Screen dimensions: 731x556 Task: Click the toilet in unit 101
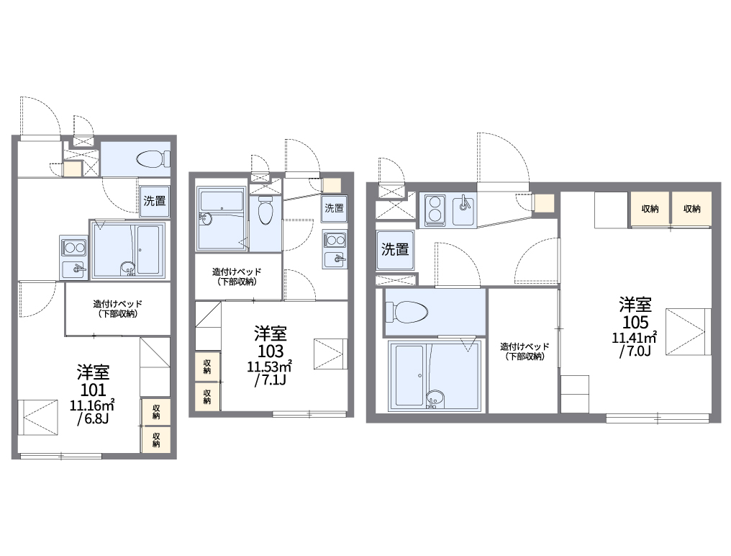click(x=154, y=158)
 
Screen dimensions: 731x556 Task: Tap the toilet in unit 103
click(x=265, y=210)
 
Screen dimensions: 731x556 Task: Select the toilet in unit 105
click(x=407, y=311)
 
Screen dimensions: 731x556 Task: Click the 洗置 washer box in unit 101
click(x=154, y=201)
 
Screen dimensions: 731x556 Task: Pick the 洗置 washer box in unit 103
click(x=335, y=208)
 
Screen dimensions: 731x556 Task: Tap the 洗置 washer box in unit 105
click(x=395, y=250)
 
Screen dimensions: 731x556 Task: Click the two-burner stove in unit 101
click(x=73, y=247)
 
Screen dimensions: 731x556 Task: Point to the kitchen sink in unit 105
click(x=464, y=210)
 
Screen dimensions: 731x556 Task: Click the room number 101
click(x=94, y=390)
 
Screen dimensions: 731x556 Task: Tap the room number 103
click(x=271, y=351)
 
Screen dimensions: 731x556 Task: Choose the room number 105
click(x=635, y=322)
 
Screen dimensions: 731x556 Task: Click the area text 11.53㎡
click(x=270, y=366)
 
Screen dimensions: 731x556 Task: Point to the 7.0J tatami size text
click(x=635, y=351)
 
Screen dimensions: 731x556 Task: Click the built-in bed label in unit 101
click(x=117, y=308)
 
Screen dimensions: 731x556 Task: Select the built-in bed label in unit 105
click(x=525, y=351)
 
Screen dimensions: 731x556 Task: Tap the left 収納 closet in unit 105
click(x=650, y=209)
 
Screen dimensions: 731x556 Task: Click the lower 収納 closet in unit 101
click(x=155, y=439)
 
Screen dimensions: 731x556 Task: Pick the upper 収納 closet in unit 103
click(x=207, y=367)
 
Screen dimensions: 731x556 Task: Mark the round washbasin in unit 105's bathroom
click(x=435, y=398)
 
